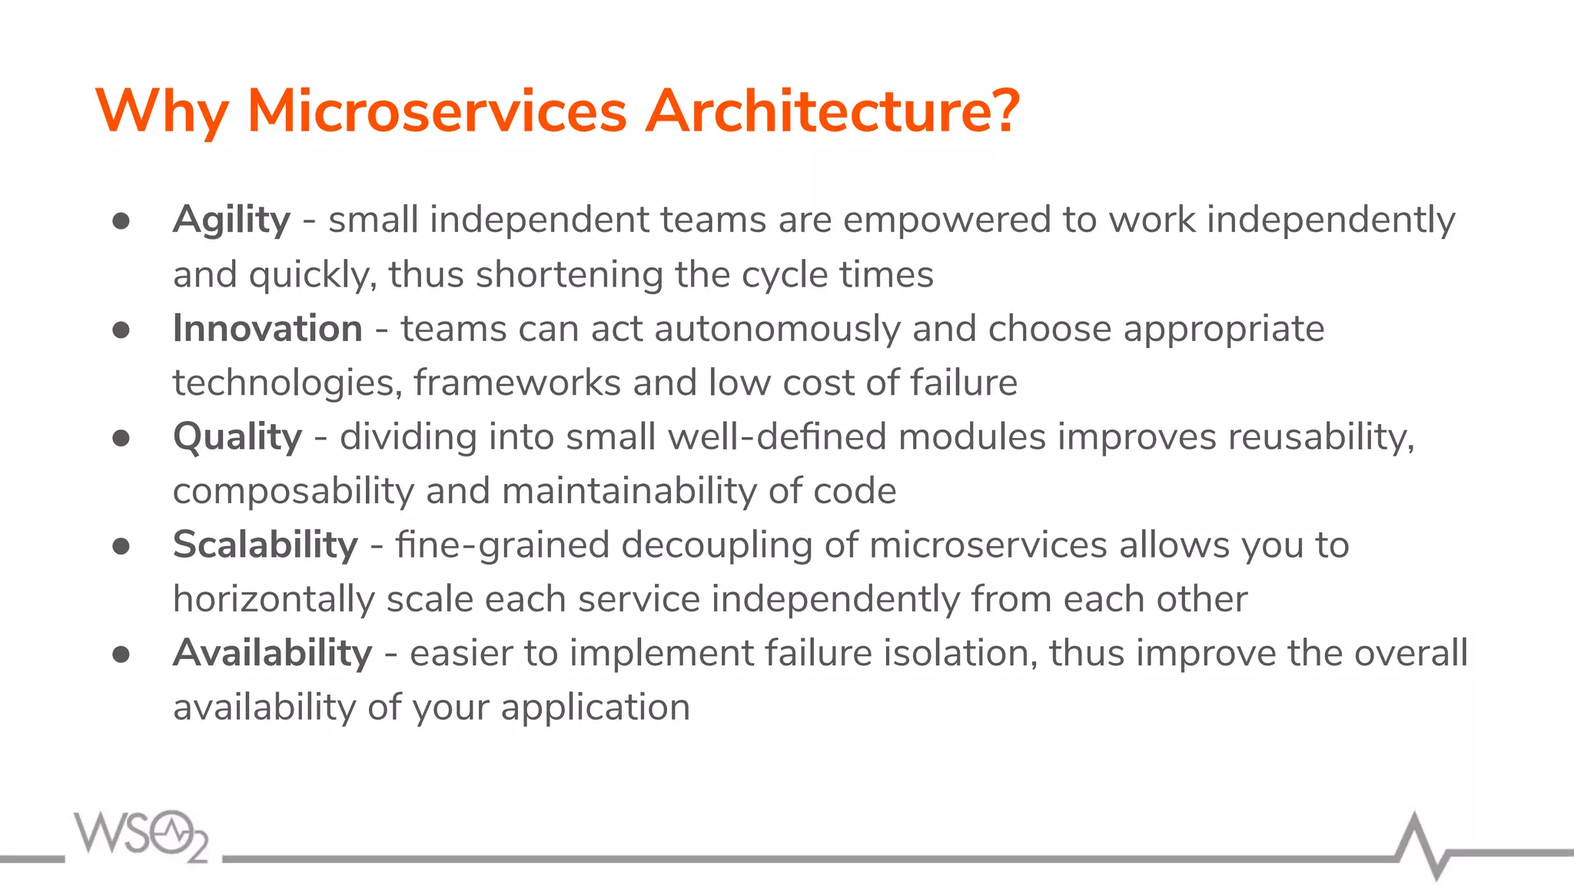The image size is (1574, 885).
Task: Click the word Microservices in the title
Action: point(437,111)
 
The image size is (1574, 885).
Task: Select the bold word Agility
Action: point(231,221)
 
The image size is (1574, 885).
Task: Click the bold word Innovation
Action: point(267,329)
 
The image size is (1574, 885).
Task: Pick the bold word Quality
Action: point(237,438)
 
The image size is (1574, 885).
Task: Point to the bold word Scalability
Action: point(265,545)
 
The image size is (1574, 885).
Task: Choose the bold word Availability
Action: point(272,654)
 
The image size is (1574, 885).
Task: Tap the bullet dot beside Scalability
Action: point(121,546)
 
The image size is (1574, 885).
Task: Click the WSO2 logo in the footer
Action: point(141,836)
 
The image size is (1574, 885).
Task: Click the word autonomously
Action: point(777,329)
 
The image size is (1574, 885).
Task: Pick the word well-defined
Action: point(777,437)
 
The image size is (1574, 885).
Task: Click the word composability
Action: point(294,492)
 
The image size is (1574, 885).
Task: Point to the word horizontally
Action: point(274,599)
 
